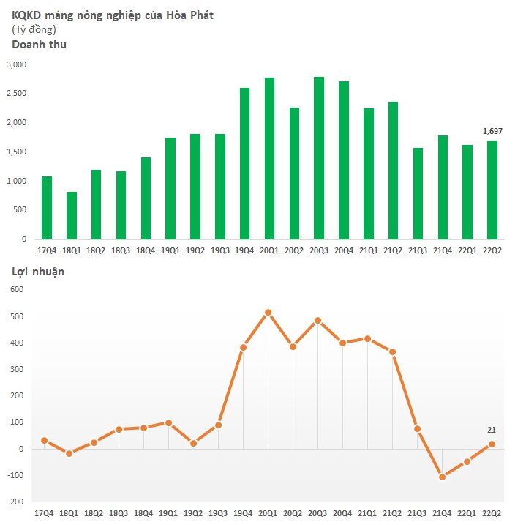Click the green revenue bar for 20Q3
coord(319,158)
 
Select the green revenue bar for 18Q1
coord(72,215)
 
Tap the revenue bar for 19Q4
coord(244,163)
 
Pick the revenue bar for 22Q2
coord(492,190)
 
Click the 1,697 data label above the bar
coord(492,131)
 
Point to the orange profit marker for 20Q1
coord(268,313)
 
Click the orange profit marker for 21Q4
coord(443,477)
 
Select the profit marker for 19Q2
coord(194,443)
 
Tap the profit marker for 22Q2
coord(492,444)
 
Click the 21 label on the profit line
coord(492,430)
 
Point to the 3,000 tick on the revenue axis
coord(16,64)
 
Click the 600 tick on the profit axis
coord(18,290)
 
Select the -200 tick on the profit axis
coord(16,502)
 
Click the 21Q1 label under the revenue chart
coord(369,250)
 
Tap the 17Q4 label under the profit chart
coord(45,515)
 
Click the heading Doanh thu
coord(39,45)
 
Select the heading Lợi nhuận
coord(38,272)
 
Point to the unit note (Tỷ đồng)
coord(34,29)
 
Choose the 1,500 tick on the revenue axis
coord(16,152)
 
